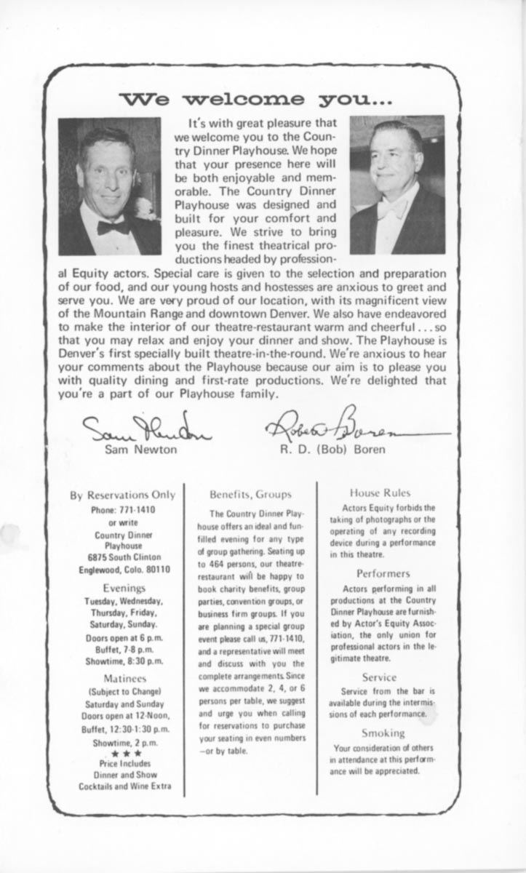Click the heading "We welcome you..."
252,98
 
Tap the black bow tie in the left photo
113,227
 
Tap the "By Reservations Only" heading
122,495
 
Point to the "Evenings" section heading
122,587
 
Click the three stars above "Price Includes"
122,754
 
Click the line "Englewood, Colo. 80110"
124,570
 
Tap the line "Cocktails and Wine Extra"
123,786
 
